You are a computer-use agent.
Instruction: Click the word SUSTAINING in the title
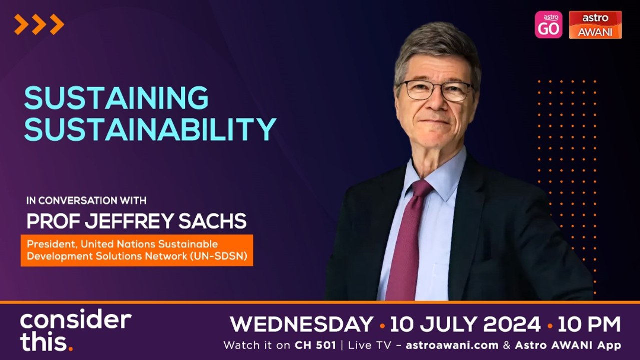(116, 98)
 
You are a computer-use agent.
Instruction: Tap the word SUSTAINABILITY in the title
(150, 129)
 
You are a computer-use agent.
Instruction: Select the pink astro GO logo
(548, 25)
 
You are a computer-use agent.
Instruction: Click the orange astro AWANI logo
(595, 25)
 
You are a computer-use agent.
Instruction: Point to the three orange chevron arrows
(39, 24)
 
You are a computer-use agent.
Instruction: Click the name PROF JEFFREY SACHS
(136, 220)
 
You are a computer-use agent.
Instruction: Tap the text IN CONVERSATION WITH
(86, 201)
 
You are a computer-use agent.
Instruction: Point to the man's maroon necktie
(409, 235)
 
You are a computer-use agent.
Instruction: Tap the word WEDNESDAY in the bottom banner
(301, 324)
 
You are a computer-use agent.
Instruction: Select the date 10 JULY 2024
(465, 324)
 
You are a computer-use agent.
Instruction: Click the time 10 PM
(589, 324)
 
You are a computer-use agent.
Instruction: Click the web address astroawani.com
(452, 345)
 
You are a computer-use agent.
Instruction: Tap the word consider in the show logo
(75, 320)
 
